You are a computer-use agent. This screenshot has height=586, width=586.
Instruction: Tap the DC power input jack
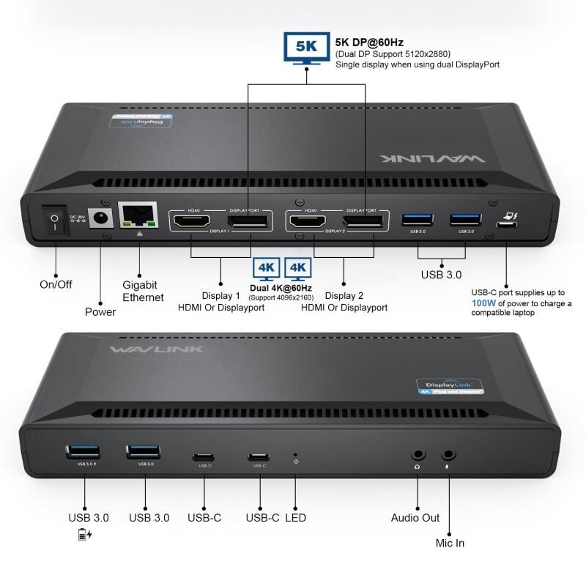point(98,218)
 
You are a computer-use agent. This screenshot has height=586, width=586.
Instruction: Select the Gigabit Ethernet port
point(139,217)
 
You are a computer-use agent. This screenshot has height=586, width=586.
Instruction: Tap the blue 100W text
point(483,303)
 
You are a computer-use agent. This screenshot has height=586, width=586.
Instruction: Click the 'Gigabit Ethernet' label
point(142,291)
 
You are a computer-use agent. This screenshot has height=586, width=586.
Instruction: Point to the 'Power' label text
point(100,311)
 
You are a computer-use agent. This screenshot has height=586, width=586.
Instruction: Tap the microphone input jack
point(448,455)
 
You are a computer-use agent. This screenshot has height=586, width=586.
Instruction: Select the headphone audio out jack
point(418,455)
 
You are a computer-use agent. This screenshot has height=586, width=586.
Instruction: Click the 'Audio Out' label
point(415,518)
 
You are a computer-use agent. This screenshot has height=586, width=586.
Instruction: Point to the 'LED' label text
point(295,518)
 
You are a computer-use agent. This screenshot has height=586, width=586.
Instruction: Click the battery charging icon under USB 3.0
point(85,535)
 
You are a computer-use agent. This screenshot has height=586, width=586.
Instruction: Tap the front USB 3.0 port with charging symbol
point(84,452)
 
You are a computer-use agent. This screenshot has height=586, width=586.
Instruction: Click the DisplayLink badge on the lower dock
point(447,387)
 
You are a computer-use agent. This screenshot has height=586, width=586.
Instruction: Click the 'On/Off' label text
point(56,284)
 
